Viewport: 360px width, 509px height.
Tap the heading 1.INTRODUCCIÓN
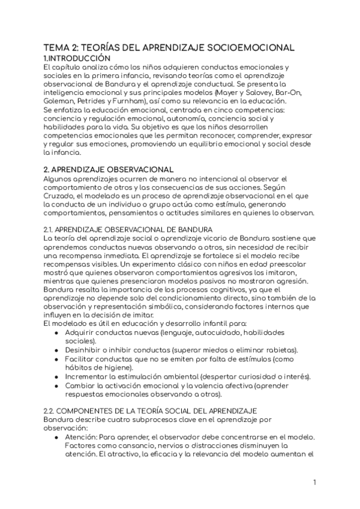click(77, 58)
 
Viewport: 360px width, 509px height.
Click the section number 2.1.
click(50, 230)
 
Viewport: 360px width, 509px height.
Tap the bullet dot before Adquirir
click(56, 333)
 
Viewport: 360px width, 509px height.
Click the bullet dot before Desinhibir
click(56, 350)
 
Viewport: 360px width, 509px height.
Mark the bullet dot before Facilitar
click(56, 359)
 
